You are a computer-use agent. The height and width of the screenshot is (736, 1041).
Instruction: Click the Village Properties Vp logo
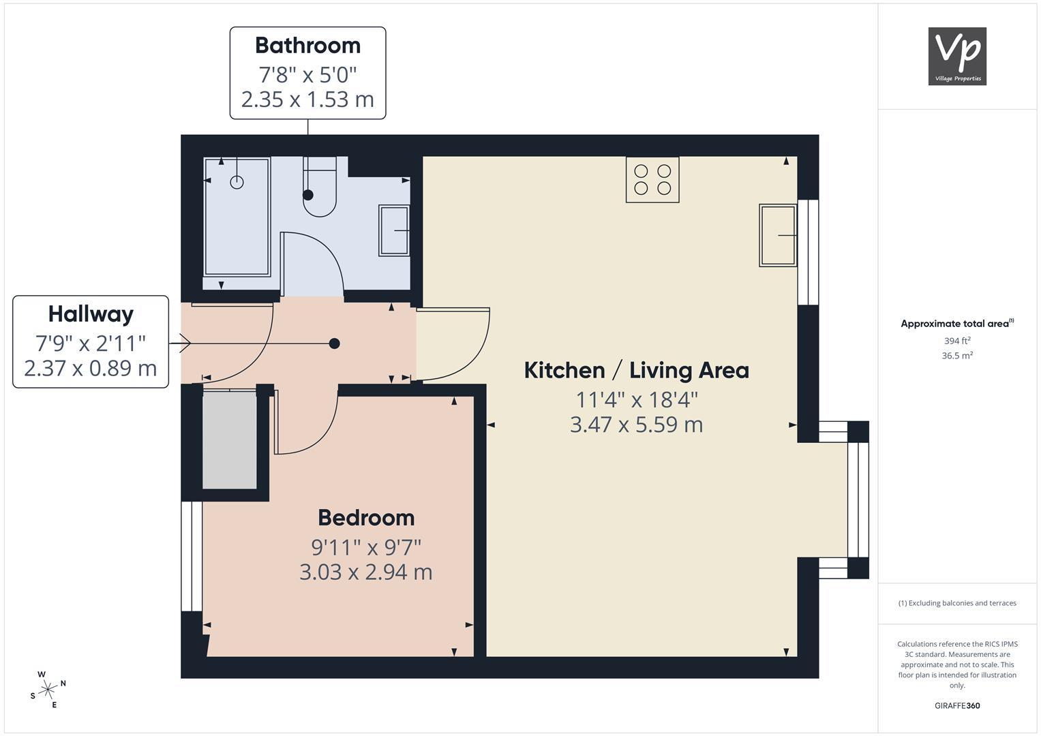click(x=957, y=56)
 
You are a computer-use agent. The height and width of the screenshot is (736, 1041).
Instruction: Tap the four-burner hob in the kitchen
click(x=652, y=179)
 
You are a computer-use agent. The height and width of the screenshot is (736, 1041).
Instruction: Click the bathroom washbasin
click(x=394, y=230)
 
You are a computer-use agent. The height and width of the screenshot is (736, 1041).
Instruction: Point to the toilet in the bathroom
click(x=320, y=187)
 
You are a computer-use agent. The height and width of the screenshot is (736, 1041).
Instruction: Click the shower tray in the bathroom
click(x=237, y=217)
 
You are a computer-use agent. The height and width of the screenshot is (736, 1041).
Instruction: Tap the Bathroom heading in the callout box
click(x=307, y=46)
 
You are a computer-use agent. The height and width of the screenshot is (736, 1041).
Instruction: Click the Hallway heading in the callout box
click(x=91, y=315)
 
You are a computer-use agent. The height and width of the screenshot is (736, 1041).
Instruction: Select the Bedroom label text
click(x=366, y=518)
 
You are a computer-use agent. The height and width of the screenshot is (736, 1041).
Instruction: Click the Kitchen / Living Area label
click(x=637, y=370)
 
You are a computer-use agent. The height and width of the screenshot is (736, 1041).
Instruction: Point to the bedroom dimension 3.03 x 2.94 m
click(x=366, y=572)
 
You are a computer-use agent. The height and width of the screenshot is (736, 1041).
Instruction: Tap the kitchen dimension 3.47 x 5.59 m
click(x=637, y=425)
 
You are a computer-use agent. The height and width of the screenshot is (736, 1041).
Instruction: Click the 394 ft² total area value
click(x=957, y=341)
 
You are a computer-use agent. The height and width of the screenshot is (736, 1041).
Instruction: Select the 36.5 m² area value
click(x=957, y=356)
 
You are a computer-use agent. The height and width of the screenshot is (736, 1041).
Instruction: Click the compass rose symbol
click(x=48, y=690)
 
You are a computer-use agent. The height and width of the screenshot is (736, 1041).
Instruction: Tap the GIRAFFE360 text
click(x=957, y=705)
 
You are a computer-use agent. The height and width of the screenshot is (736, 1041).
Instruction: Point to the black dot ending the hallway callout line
click(x=334, y=343)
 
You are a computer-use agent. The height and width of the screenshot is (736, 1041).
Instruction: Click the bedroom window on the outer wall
click(x=192, y=556)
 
